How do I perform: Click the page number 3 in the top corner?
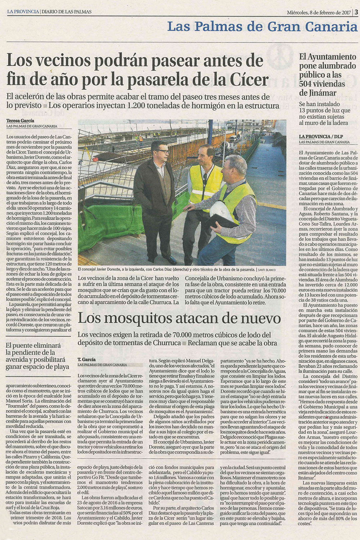356,12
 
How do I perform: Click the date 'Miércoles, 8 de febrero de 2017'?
319,12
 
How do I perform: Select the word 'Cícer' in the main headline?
247,79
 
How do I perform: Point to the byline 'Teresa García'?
20,121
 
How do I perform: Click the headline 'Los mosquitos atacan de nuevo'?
179,318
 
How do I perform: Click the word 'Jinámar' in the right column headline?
318,93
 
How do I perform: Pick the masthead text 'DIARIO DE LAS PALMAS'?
66,12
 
